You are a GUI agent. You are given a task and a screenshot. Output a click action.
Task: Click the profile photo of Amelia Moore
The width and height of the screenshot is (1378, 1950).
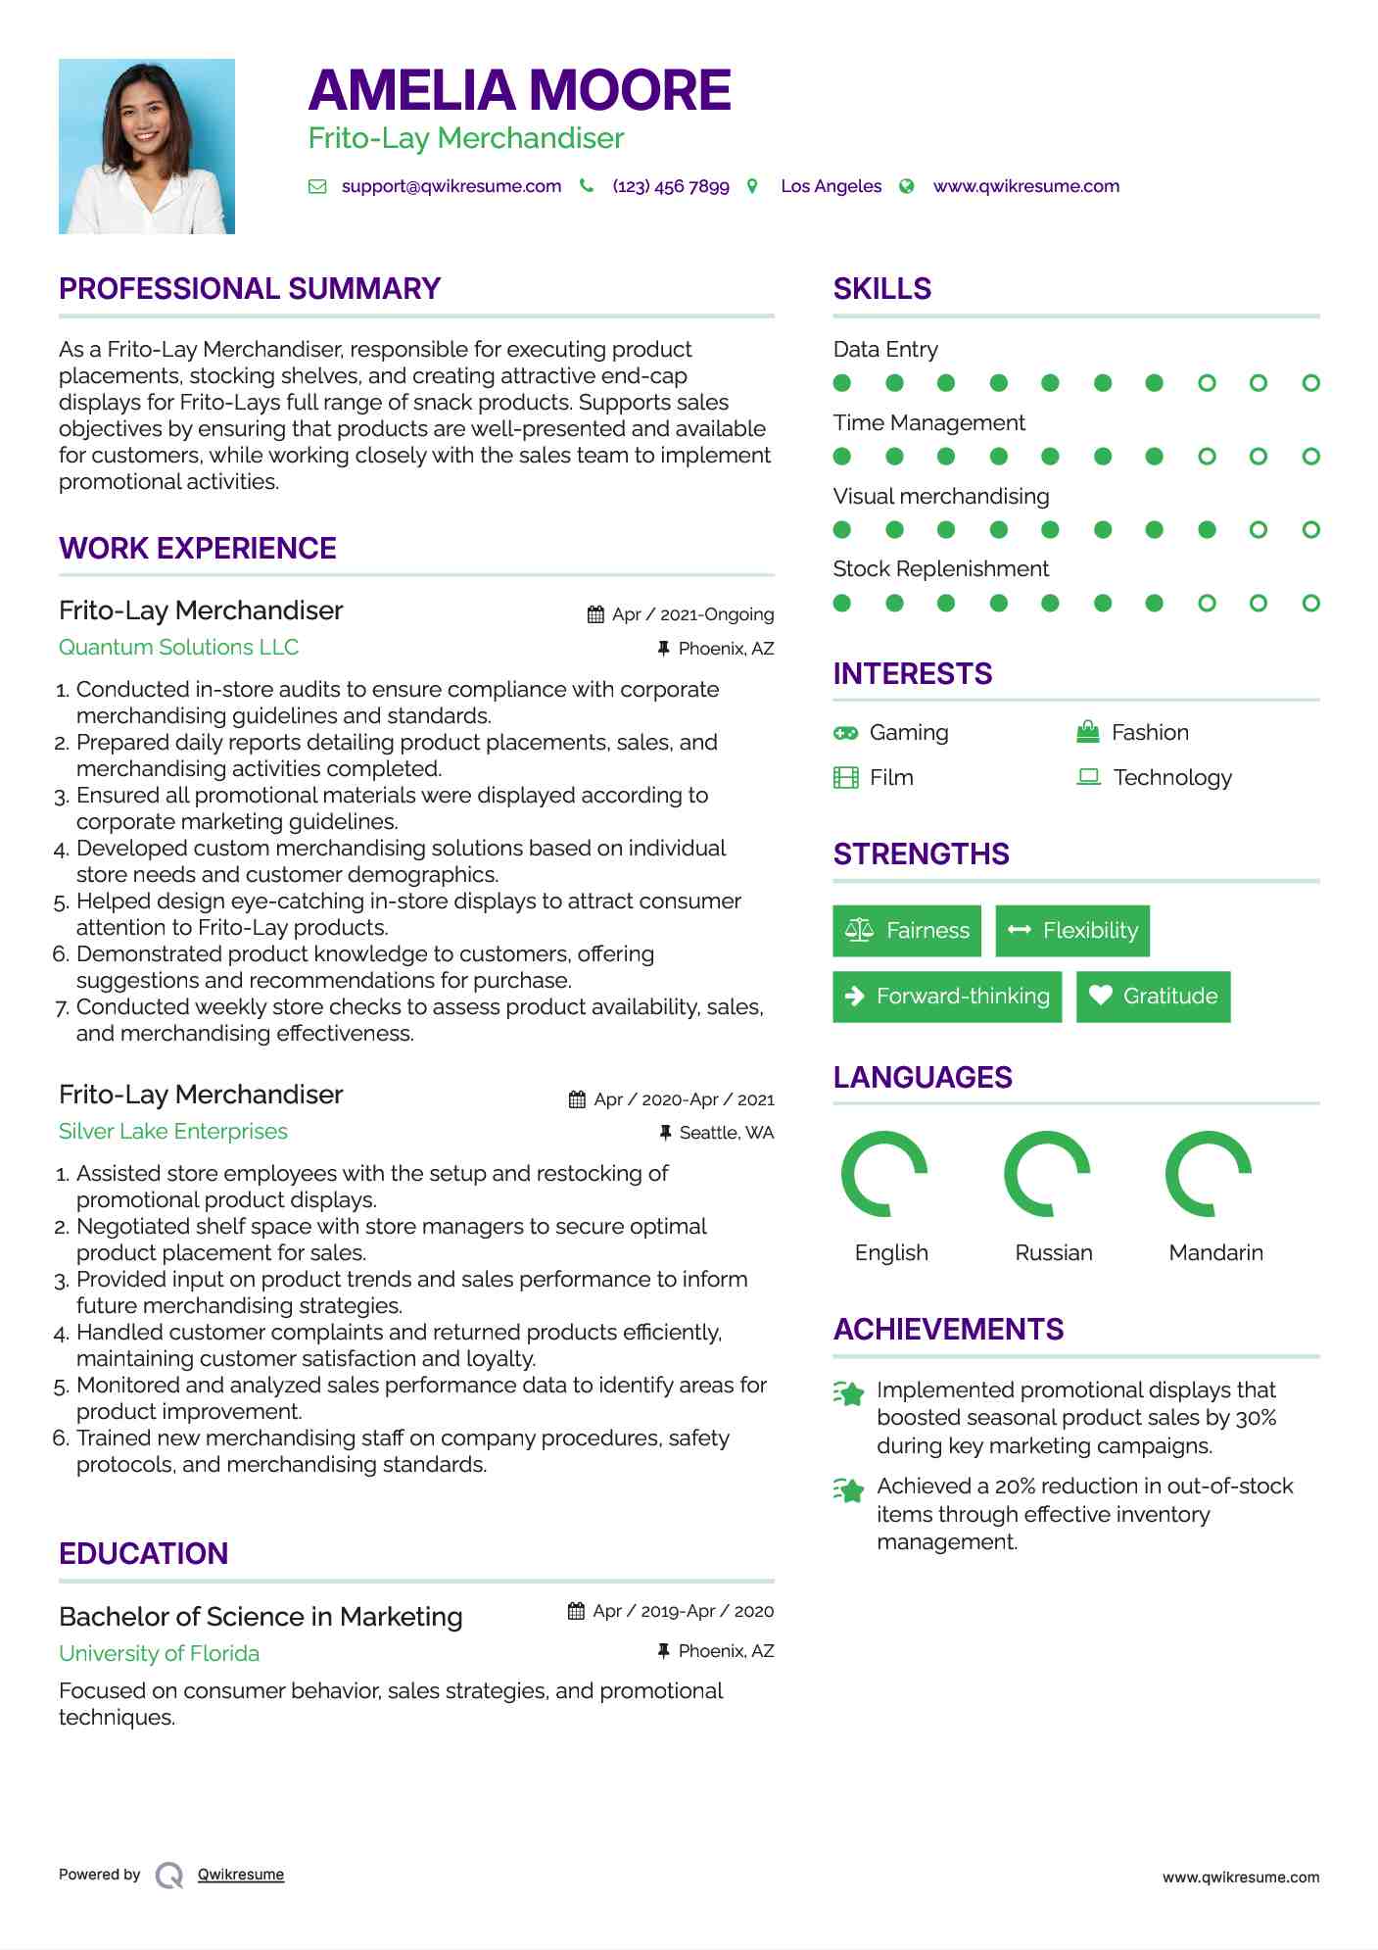click(147, 146)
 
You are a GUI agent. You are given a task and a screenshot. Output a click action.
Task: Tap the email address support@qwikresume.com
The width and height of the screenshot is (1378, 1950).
click(451, 186)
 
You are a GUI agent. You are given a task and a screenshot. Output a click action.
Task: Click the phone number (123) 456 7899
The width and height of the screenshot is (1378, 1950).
click(671, 186)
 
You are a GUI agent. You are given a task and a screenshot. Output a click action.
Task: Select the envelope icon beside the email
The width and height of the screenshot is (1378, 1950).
click(317, 186)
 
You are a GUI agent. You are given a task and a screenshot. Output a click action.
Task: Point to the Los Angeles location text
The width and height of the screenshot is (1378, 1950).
click(831, 186)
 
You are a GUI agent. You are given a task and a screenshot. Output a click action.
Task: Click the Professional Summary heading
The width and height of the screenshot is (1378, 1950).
click(250, 289)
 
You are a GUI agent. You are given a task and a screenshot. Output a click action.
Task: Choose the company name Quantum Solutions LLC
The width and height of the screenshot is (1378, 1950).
click(178, 647)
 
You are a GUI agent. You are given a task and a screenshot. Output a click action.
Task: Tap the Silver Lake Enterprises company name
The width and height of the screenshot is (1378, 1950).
click(173, 1131)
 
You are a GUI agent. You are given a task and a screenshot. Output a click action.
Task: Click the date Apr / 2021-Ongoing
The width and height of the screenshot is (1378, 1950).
click(692, 614)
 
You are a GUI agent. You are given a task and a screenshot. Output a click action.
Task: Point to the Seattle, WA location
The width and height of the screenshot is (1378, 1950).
click(726, 1133)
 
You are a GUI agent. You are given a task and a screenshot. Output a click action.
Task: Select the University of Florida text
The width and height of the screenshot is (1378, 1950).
click(159, 1653)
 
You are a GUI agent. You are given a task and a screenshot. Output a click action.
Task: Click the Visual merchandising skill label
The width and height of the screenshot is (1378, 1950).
click(940, 496)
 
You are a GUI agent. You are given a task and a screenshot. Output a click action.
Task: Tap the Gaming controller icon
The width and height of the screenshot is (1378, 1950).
click(845, 733)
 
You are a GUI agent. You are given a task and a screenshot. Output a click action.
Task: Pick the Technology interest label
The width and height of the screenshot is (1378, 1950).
click(1172, 777)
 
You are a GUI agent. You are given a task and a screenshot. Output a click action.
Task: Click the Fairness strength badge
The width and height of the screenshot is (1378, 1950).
click(907, 930)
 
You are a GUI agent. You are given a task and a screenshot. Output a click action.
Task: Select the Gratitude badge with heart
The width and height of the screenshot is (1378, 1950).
click(1153, 996)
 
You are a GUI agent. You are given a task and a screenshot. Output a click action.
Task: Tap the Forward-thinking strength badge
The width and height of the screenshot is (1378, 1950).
click(947, 996)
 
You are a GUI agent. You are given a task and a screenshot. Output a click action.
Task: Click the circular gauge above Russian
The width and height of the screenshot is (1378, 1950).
click(1047, 1174)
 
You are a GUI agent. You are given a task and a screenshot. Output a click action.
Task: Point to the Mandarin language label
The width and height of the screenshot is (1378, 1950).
click(1215, 1252)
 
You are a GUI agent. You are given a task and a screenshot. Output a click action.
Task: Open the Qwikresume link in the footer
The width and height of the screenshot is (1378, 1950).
click(241, 1874)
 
